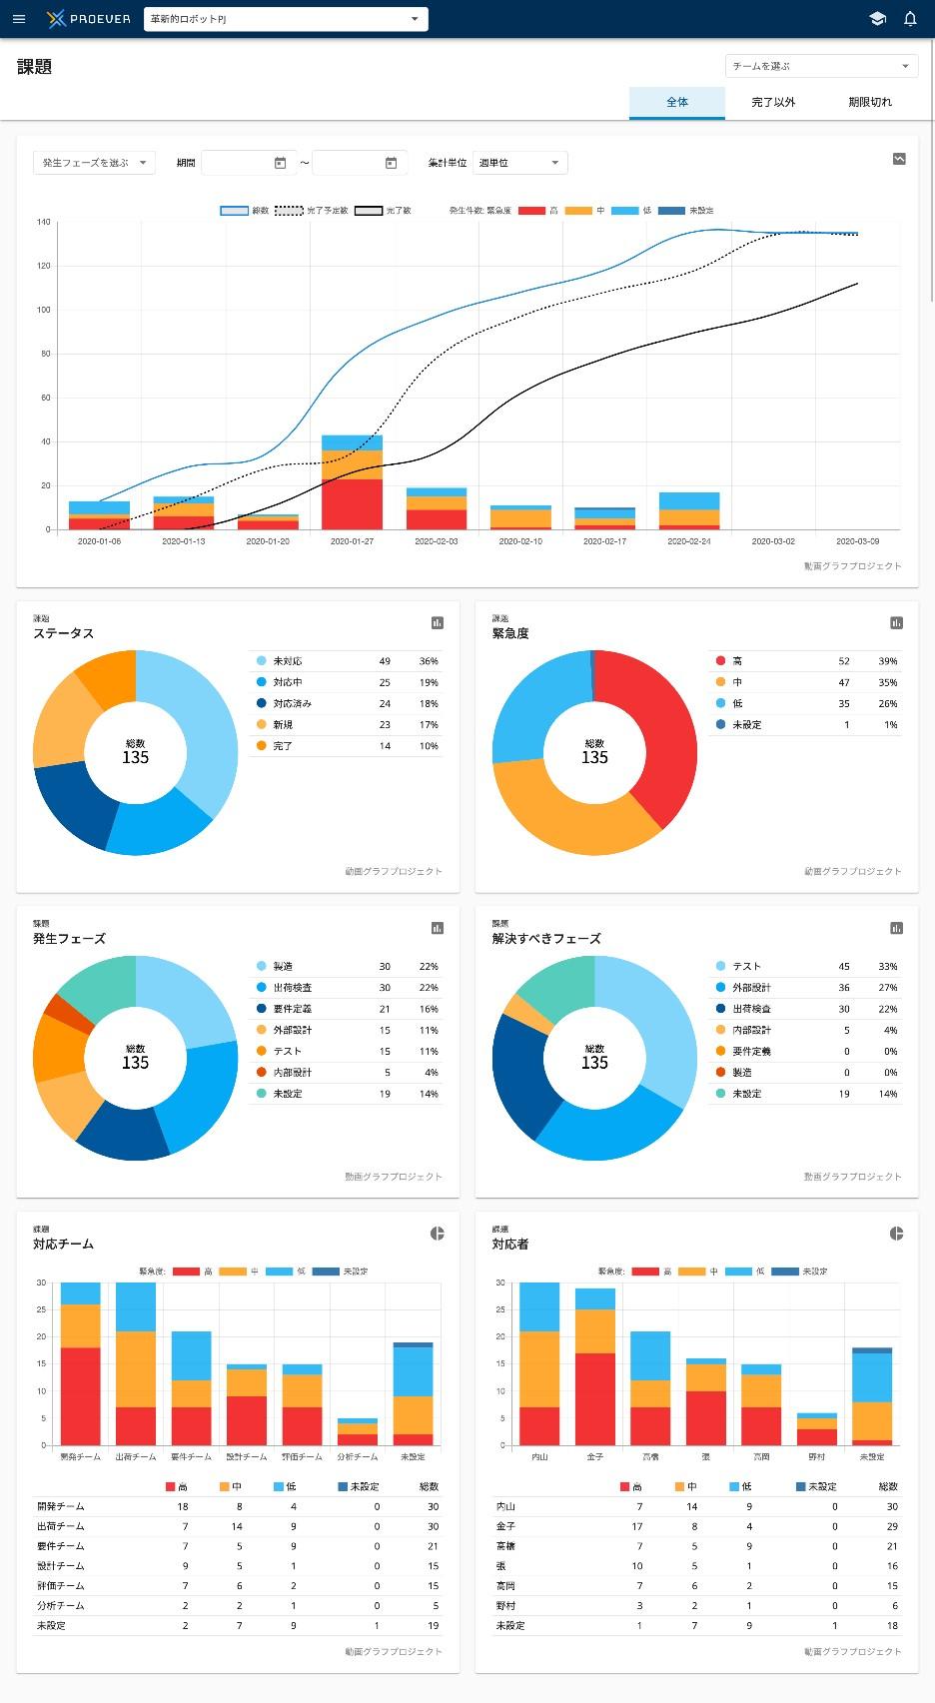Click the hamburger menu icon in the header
(x=19, y=19)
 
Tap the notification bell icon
(x=910, y=19)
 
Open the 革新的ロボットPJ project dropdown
(x=286, y=19)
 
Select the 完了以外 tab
(x=773, y=102)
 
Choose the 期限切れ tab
(x=870, y=102)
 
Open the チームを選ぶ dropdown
(x=821, y=66)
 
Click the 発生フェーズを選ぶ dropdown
(x=94, y=163)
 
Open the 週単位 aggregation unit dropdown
(x=519, y=163)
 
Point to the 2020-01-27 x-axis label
(x=352, y=541)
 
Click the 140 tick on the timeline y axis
(x=43, y=222)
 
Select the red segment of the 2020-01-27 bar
(x=352, y=504)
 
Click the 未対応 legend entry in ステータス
(x=287, y=661)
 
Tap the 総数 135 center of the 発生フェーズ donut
(x=135, y=1058)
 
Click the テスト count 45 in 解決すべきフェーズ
(x=844, y=967)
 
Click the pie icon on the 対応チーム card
(x=437, y=1234)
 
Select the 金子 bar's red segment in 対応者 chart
(x=594, y=1398)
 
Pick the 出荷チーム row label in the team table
(x=60, y=1526)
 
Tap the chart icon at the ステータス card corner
(x=437, y=623)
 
